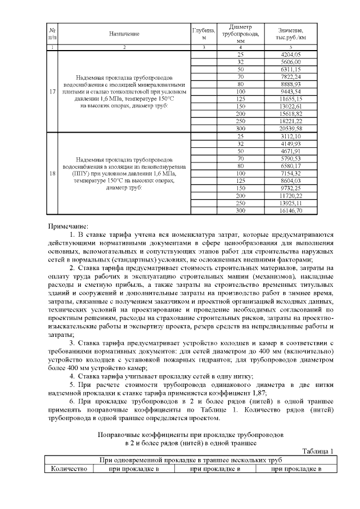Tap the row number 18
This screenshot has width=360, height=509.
[x=52, y=173]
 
